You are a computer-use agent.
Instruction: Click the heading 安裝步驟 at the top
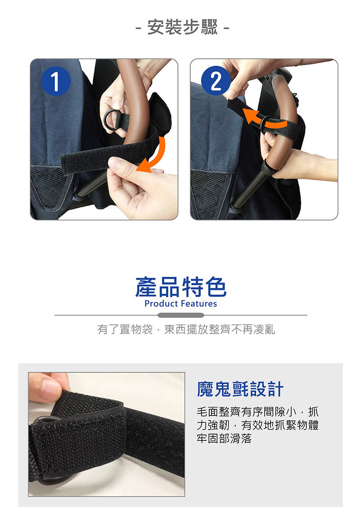(x=183, y=27)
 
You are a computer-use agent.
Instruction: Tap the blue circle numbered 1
(x=56, y=81)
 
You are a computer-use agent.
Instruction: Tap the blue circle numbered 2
(x=216, y=81)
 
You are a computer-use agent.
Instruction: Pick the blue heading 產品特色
(x=180, y=287)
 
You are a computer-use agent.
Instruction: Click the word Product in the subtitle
(x=161, y=303)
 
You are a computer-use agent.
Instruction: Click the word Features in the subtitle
(x=199, y=303)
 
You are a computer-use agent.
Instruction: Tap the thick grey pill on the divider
(x=180, y=315)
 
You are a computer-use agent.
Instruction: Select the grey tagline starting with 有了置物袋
(x=186, y=330)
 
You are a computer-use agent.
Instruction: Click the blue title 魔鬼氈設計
(x=240, y=389)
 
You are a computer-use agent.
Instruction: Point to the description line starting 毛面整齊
(x=257, y=412)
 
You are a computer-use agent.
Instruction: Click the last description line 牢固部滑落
(x=224, y=439)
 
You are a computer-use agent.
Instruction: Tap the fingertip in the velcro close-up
(x=48, y=388)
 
